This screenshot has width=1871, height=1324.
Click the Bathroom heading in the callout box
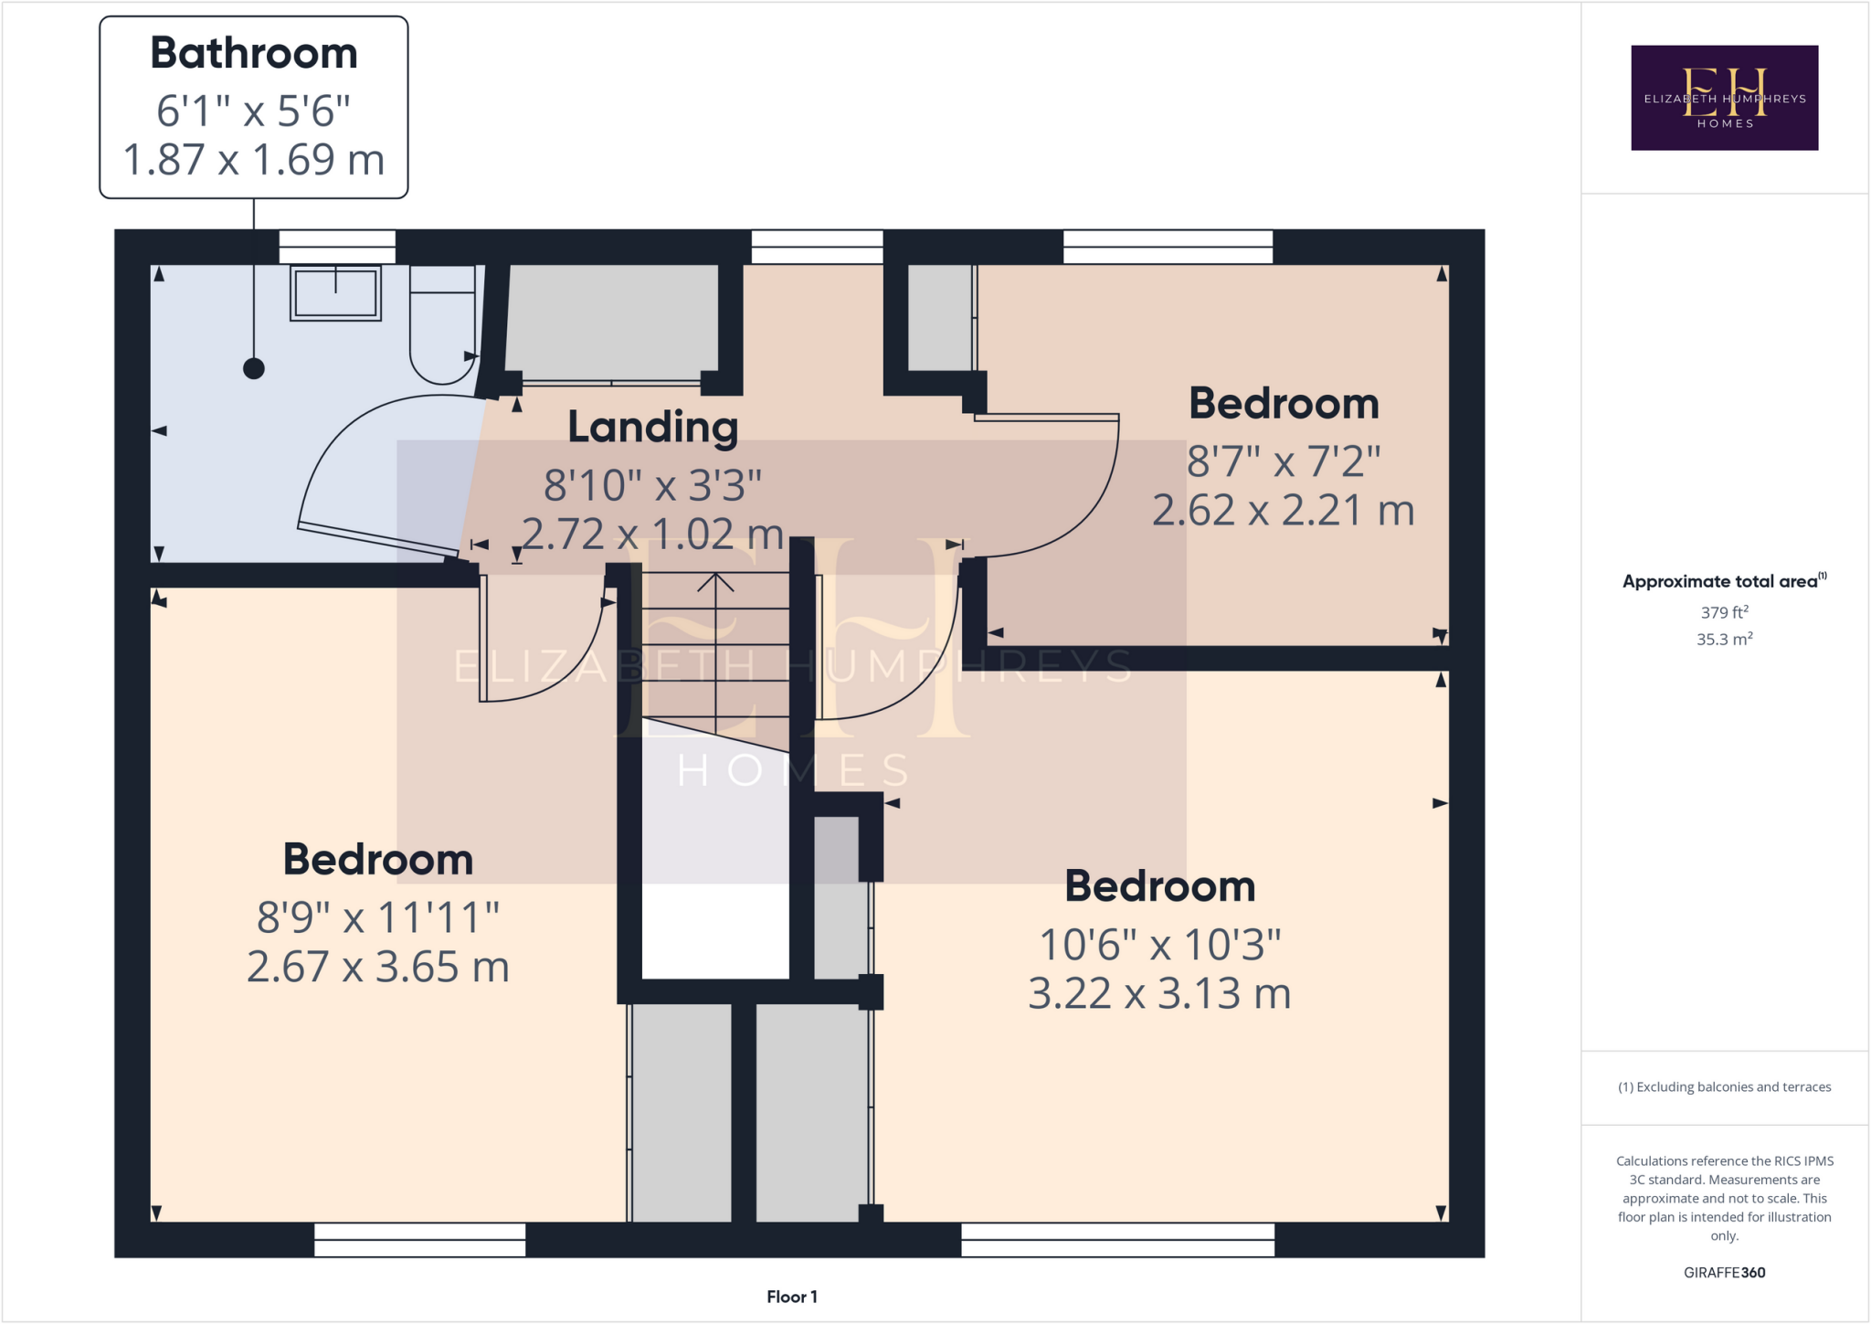[x=254, y=53]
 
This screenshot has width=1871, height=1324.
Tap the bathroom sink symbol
[x=335, y=292]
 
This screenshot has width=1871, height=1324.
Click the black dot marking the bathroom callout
[x=254, y=368]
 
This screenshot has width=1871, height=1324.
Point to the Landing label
[x=652, y=427]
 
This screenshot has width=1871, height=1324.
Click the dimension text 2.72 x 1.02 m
[x=652, y=535]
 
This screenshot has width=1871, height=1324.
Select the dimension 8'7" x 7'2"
[x=1283, y=461]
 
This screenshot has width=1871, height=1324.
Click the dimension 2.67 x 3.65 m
[x=377, y=967]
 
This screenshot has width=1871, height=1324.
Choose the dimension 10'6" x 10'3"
[x=1159, y=945]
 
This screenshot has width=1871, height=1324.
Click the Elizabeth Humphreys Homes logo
[x=1724, y=98]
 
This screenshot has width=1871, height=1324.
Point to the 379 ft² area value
[x=1724, y=612]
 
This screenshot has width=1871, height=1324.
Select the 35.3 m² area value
[x=1724, y=639]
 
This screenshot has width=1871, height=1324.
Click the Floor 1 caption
[x=791, y=1297]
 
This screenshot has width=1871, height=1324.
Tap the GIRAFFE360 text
[x=1724, y=1272]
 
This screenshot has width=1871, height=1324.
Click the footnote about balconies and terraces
[x=1724, y=1086]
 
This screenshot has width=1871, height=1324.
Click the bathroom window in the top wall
[x=336, y=247]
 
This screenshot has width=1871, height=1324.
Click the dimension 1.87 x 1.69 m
[x=254, y=160]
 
